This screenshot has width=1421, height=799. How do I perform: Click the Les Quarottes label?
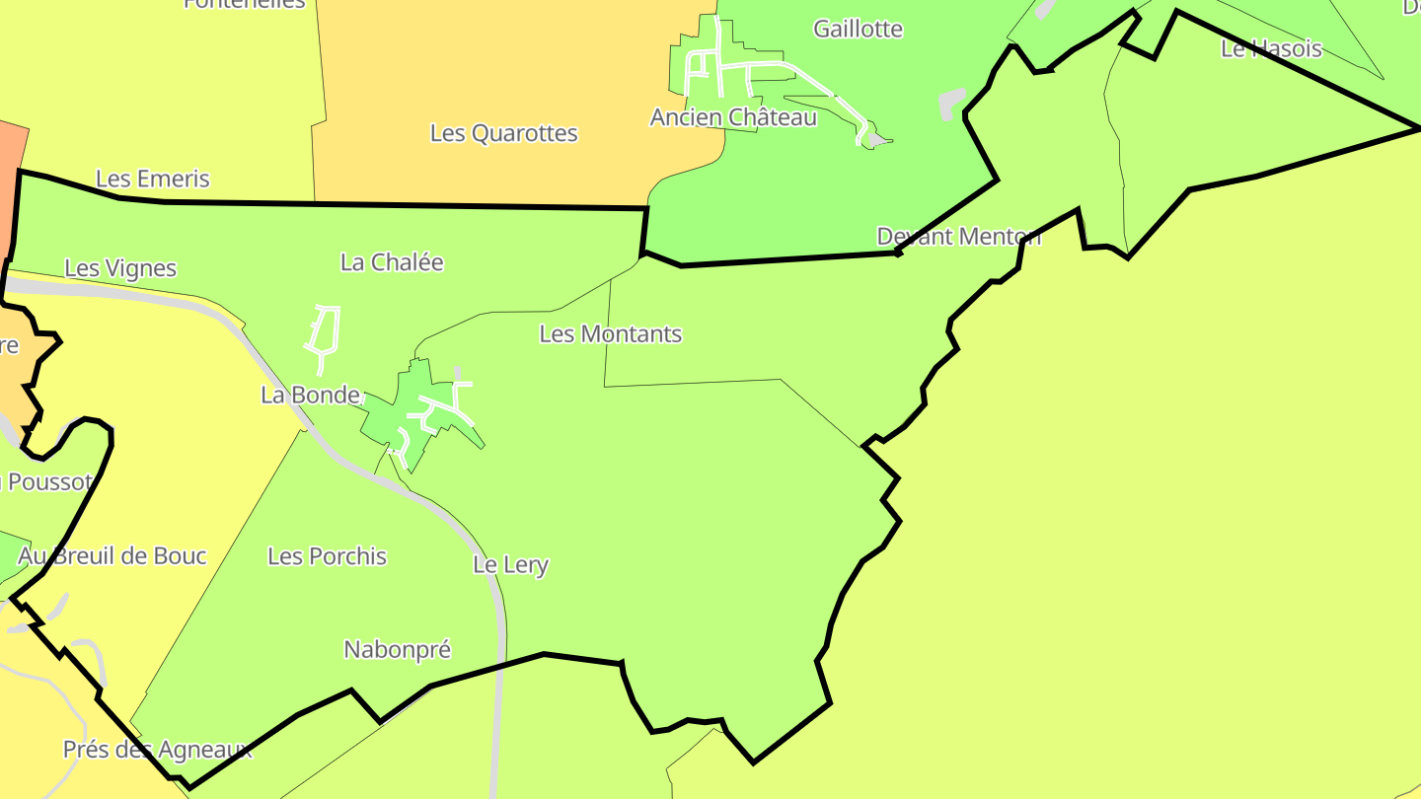point(503,133)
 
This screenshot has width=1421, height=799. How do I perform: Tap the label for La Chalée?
point(392,262)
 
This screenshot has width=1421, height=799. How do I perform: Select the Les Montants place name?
point(610,334)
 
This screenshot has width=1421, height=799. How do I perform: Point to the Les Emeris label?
point(153,179)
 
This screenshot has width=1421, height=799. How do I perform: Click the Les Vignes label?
point(120,268)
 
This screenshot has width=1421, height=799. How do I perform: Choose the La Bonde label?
point(310,396)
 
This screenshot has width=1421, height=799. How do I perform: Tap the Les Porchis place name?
point(328,556)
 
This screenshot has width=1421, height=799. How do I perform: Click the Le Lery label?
point(510,565)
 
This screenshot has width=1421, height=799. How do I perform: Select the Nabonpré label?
point(397,650)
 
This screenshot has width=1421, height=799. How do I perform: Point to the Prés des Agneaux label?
point(158,750)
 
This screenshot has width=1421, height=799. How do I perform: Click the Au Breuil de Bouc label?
point(112,556)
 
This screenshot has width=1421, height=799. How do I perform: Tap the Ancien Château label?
point(733,117)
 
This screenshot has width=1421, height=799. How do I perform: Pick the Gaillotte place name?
point(858,29)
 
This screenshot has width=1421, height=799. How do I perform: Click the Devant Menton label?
point(958,237)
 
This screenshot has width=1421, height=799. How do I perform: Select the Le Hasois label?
point(1271,48)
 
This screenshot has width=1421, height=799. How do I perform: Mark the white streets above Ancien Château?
point(750,65)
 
